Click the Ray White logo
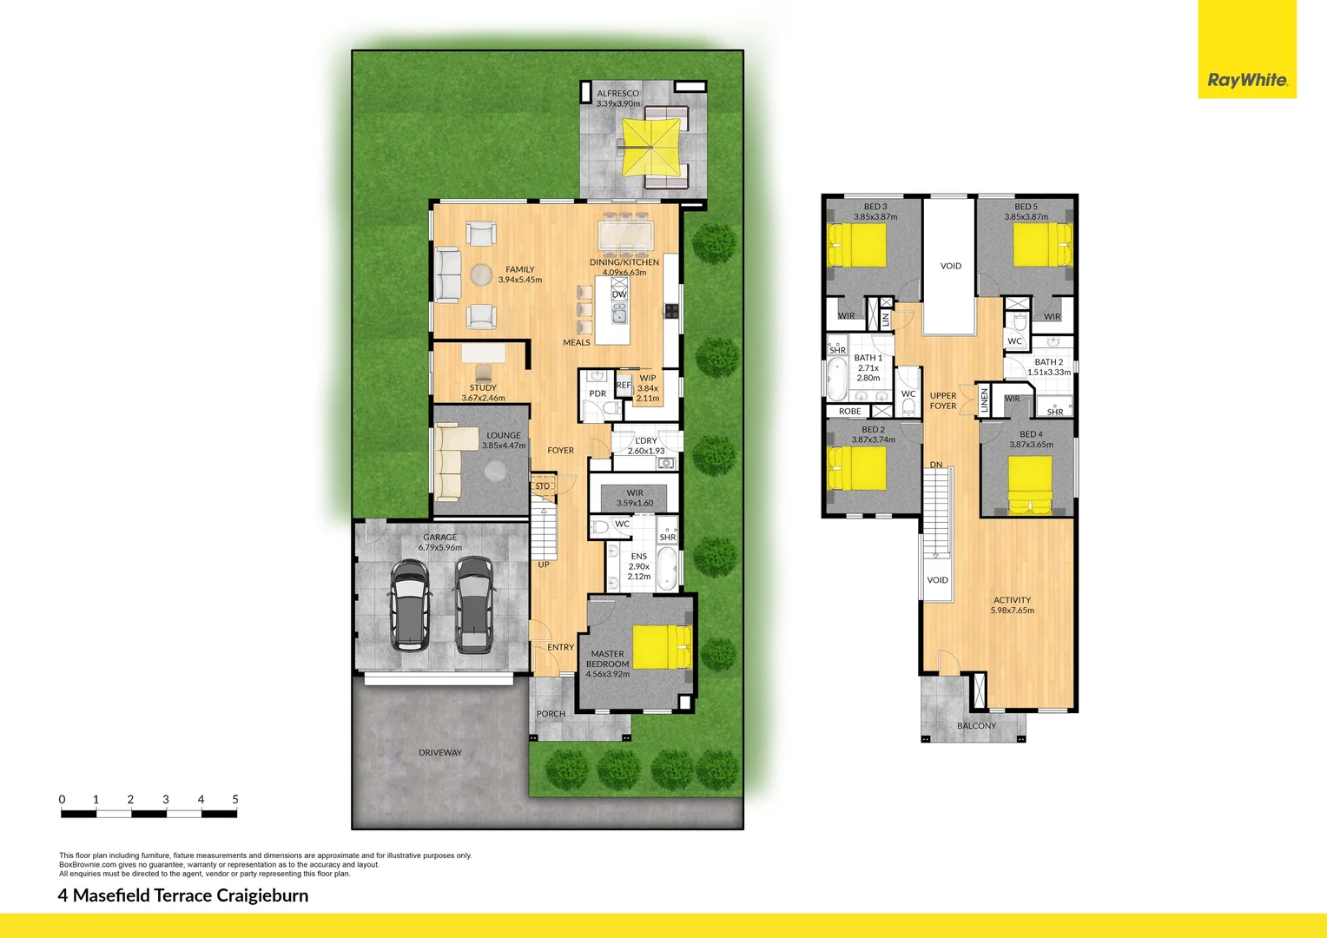tap(1247, 80)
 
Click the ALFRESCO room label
tap(617, 94)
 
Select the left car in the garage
tap(410, 605)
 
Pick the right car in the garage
tap(474, 604)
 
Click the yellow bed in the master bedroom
tap(660, 647)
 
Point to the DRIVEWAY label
tap(440, 753)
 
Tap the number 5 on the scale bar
tap(235, 799)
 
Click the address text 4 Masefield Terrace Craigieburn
tap(183, 895)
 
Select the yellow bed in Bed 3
tap(857, 245)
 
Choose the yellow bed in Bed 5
tap(1042, 244)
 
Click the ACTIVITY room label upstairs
tap(1012, 600)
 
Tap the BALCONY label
tap(977, 726)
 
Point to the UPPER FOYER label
tap(943, 400)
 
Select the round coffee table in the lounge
tap(495, 471)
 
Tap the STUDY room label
tap(483, 388)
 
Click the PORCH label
tap(551, 714)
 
